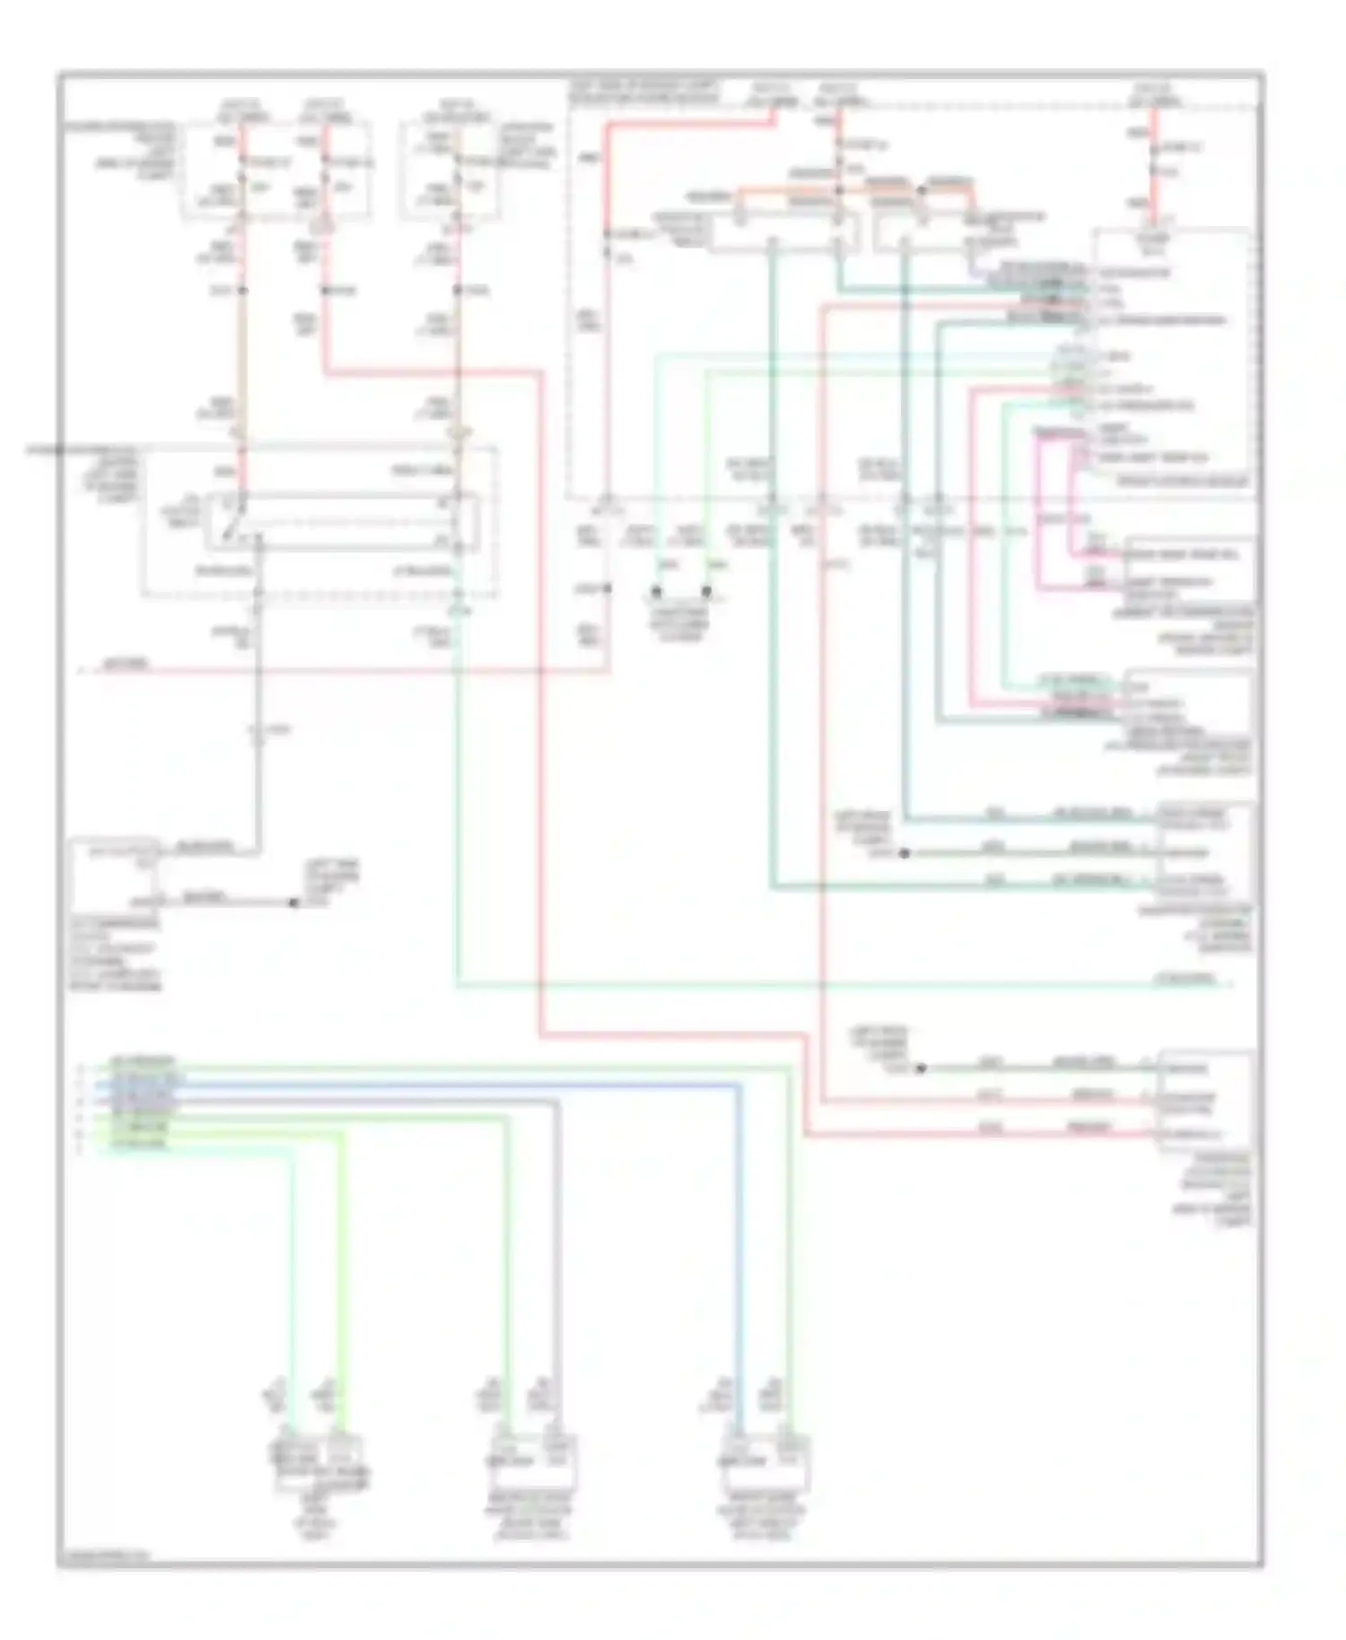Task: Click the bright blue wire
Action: (739, 1256)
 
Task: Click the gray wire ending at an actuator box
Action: (557, 1256)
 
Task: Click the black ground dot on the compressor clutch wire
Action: (293, 903)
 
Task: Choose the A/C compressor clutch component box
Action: (116, 874)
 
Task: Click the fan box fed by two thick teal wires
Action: (1202, 849)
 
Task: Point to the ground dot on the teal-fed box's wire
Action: (905, 853)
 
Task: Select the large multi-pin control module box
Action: (1171, 359)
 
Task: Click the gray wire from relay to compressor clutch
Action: (258, 718)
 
